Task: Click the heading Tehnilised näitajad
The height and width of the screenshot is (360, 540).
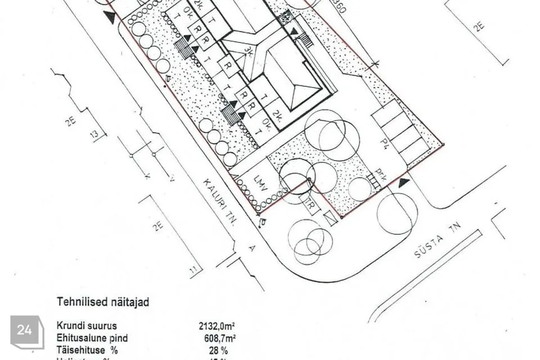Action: click(x=103, y=303)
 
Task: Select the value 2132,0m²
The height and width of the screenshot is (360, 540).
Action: click(x=217, y=326)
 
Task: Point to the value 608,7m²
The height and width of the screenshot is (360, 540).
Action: click(x=219, y=339)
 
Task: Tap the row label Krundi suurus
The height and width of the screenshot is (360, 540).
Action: click(x=87, y=326)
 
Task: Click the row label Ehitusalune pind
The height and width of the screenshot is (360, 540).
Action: click(x=92, y=339)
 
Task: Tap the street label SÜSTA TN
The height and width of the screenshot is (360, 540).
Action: click(x=437, y=241)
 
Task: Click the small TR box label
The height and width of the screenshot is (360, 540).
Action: click(x=309, y=204)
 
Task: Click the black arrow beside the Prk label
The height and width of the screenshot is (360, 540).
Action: click(x=403, y=183)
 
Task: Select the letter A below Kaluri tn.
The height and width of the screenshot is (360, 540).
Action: click(x=252, y=248)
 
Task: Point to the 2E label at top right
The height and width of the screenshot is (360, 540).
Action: click(x=478, y=26)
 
